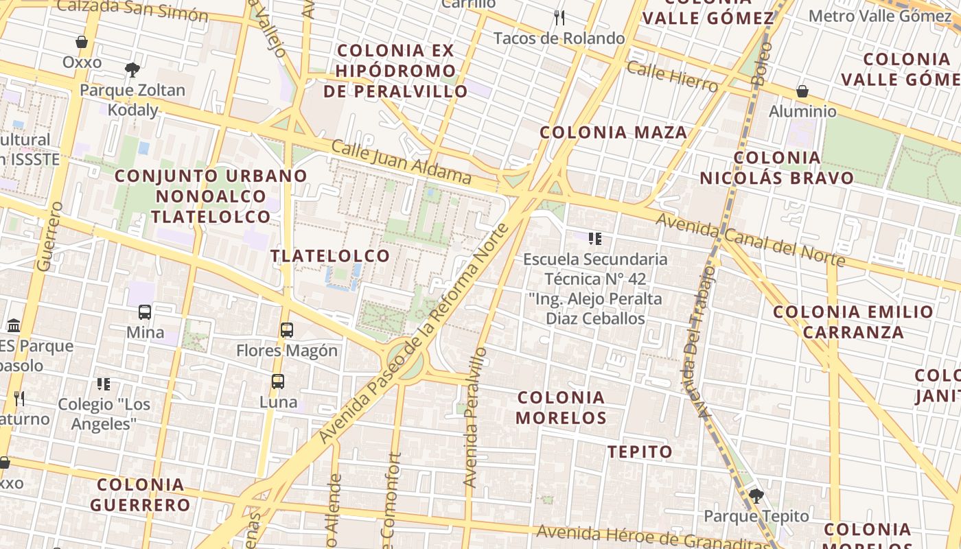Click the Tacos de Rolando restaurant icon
point(559,18)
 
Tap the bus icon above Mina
point(145,312)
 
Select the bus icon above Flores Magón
point(287,330)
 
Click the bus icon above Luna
point(278,382)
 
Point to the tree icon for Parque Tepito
point(756,495)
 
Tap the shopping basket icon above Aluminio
point(802,91)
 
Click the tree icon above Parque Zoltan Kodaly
point(132,69)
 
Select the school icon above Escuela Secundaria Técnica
point(595,239)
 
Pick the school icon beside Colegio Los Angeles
point(104,384)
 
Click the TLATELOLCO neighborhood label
point(330,256)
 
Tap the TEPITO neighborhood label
point(640,452)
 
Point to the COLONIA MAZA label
point(613,132)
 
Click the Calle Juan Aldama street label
point(402,162)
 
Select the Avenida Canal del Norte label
point(751,240)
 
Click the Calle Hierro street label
point(672,76)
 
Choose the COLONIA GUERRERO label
point(141,495)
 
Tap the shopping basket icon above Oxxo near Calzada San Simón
point(82,42)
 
